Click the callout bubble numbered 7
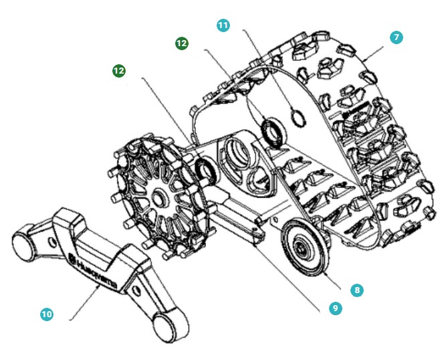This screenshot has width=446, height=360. click(397, 37)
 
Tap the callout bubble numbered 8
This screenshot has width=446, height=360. click(356, 290)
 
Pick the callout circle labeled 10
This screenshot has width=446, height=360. click(46, 314)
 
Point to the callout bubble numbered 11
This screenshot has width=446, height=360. click(223, 25)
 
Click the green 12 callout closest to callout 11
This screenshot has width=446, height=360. click(181, 43)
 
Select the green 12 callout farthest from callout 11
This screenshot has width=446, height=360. click(120, 70)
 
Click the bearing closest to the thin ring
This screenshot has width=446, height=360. click(271, 130)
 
